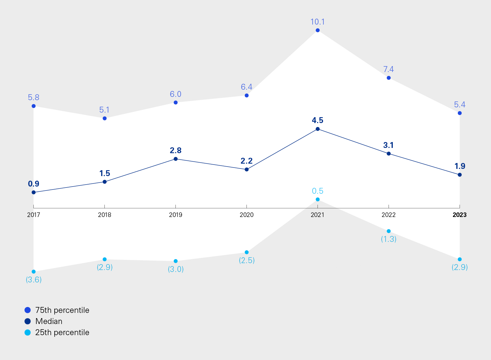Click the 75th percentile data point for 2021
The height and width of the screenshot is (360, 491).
[x=318, y=30]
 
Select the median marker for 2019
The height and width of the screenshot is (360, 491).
[x=175, y=159]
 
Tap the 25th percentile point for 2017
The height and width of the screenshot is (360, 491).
[x=33, y=272]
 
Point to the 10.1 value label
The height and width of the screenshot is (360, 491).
[x=318, y=22]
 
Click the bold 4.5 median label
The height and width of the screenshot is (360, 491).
[x=318, y=120]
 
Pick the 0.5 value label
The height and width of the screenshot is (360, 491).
[x=318, y=191]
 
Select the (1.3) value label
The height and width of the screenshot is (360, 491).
[x=389, y=239]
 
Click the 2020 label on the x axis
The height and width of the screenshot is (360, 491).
[x=246, y=215]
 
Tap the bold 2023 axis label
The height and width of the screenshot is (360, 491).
[x=460, y=215]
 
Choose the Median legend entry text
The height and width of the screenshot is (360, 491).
[x=49, y=321]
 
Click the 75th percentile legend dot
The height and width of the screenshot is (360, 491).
[x=28, y=310]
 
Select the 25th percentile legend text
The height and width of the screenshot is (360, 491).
[x=62, y=333]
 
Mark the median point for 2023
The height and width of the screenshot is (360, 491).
[x=460, y=175]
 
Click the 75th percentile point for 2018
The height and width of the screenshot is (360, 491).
[x=104, y=118]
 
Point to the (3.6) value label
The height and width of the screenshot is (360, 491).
[x=34, y=280]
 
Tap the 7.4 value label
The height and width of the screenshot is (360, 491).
[x=389, y=69]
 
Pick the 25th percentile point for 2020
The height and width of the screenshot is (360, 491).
[x=246, y=252]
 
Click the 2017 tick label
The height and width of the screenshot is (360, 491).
[x=33, y=215]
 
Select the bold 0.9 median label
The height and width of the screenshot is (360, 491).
[x=34, y=184]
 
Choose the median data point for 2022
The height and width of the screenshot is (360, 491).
[x=389, y=153]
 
